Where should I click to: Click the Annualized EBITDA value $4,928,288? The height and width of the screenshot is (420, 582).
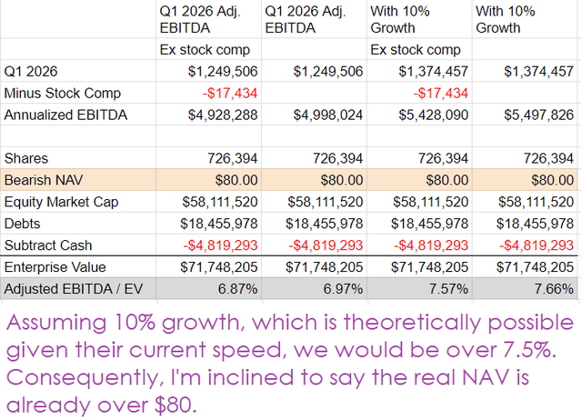[x=223, y=115]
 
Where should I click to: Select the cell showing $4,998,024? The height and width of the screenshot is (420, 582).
[x=328, y=115]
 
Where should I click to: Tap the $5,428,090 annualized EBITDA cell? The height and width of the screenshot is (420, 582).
[x=434, y=115]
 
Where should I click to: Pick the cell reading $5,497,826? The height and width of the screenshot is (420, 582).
[x=539, y=115]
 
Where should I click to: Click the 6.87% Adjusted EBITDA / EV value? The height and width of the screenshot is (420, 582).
[x=238, y=289]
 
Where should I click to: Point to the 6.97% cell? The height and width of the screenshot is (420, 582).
[x=344, y=289]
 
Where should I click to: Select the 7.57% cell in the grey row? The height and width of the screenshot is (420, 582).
[x=448, y=289]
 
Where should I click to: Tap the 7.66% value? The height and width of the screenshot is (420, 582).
[x=554, y=289]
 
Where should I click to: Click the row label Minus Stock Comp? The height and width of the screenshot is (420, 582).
[x=63, y=94]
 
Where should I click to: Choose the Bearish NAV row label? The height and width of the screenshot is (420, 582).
[x=44, y=180]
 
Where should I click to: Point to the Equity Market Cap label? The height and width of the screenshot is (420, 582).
[x=61, y=202]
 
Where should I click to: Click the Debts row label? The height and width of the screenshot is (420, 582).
[x=22, y=224]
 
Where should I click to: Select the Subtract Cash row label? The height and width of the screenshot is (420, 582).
[x=48, y=245]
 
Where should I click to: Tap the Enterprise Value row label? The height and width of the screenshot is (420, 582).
[x=55, y=267]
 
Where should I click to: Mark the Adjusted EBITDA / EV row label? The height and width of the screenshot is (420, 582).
[x=74, y=289]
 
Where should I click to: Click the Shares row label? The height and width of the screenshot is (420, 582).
[x=26, y=158]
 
